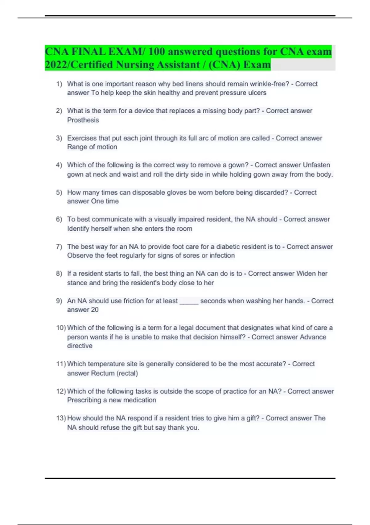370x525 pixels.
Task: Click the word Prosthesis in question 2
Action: tap(83, 120)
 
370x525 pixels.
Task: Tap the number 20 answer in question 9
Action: tap(95, 310)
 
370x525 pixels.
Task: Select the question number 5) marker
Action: tap(59, 192)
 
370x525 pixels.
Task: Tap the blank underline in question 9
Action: tap(189, 301)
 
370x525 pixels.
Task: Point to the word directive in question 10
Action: tap(80, 346)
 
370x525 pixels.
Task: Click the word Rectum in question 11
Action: tap(103, 373)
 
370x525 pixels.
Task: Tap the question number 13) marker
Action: tap(61, 418)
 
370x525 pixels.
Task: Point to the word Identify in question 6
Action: tap(78, 229)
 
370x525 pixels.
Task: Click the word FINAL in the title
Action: tap(88, 51)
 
